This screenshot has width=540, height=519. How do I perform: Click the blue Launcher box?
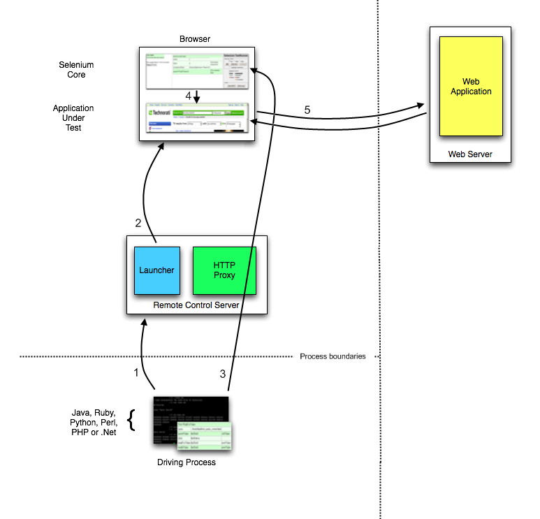tap(157, 270)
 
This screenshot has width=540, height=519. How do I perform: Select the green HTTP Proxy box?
tap(224, 270)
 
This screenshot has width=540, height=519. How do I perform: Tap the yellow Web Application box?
tap(471, 87)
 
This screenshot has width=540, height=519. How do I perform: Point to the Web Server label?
tap(470, 154)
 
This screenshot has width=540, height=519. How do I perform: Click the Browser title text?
tap(196, 39)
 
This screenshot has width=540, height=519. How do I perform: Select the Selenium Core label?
tap(76, 70)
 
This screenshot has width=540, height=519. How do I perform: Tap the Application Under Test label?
tap(73, 118)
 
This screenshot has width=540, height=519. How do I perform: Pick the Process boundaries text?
tap(333, 356)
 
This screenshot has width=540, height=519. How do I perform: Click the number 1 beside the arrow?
tap(136, 372)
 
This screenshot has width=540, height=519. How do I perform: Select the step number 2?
tap(138, 223)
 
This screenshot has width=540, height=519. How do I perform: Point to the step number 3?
tap(223, 374)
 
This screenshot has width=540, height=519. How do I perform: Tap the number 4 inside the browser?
tap(188, 95)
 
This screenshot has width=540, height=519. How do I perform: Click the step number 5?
tap(307, 110)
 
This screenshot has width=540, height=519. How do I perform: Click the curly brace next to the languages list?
tap(130, 421)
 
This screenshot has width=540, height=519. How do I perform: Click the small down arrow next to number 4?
tap(197, 96)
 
